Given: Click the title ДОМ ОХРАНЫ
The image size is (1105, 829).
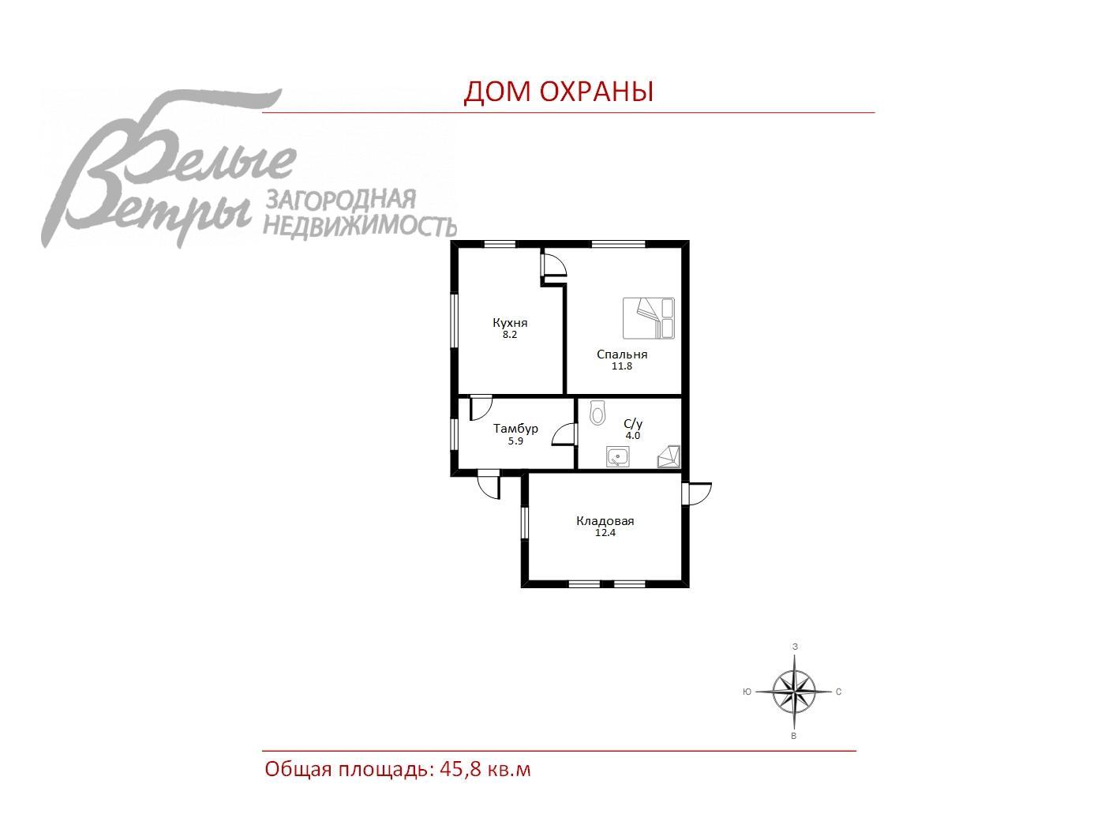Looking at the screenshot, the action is pos(558,92).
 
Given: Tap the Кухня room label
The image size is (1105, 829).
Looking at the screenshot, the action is pos(510,322).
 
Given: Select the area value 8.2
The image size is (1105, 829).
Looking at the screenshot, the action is pos(510,335).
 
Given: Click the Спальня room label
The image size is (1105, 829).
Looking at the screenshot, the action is pos(622,354).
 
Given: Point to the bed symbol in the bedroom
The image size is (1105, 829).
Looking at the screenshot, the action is pos(649,318).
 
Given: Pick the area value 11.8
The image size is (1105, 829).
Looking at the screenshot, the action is pos(622,366).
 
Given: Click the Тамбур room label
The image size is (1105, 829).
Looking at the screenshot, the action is pos(515,429).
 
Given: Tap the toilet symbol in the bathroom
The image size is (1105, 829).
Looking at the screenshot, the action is pos(597,413).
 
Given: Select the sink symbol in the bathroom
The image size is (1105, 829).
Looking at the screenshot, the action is pos(617,456).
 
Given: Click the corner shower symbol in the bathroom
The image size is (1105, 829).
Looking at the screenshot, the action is pos(669,457).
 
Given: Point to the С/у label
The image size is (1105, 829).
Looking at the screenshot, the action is pos(633,424).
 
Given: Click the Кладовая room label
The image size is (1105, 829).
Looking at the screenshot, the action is pos(605,520).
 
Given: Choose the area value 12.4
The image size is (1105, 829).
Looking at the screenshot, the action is pos(605,533).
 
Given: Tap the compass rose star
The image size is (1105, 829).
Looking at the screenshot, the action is pos(794,692).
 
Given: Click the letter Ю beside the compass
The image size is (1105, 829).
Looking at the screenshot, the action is pos(747,692).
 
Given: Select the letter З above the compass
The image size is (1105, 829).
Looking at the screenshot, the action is pos(795,647).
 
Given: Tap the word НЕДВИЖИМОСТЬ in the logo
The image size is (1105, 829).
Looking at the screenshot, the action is pos(361,227).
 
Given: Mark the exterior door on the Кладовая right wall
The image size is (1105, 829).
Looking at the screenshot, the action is pos(697,493).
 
